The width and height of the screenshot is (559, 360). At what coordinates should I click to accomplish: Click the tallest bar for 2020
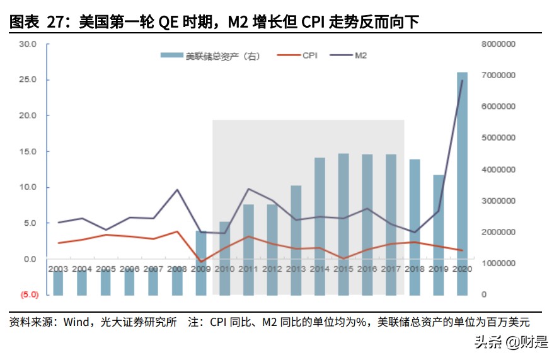(x=462, y=183)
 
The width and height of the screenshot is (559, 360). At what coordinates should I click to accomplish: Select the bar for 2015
(x=343, y=224)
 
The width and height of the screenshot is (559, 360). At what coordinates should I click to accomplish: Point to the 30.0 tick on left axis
(x=28, y=44)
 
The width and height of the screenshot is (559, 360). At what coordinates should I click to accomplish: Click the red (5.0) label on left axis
(x=28, y=294)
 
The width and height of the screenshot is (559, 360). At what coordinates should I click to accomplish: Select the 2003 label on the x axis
(x=58, y=269)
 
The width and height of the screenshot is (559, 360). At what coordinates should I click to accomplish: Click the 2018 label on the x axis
(x=415, y=269)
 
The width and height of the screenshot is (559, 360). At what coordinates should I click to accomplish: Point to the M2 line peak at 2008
(x=177, y=190)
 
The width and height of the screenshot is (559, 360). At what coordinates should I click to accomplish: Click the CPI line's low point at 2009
(x=201, y=262)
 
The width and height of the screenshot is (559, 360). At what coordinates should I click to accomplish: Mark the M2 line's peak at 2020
(x=463, y=81)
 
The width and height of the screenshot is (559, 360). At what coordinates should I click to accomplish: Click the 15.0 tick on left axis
(x=28, y=151)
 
